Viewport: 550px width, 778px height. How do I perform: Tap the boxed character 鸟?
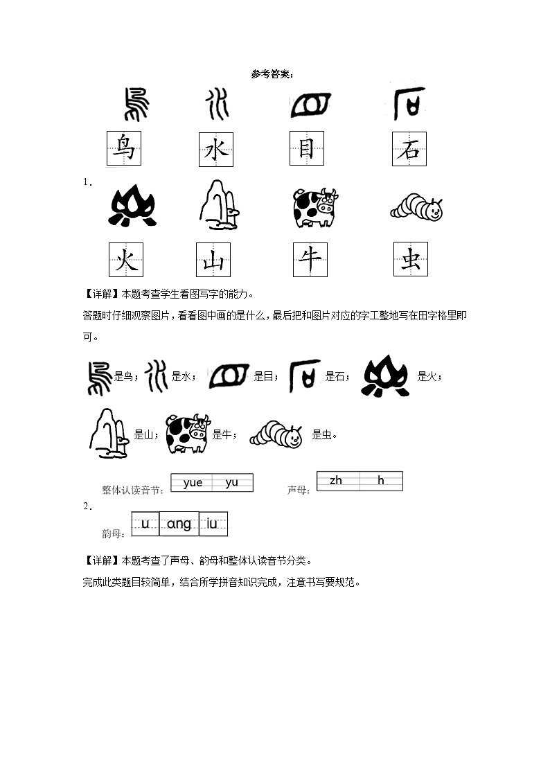pos(124,148)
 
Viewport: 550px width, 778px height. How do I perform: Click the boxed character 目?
pos(306,148)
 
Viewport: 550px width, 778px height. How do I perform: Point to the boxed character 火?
pos(126,259)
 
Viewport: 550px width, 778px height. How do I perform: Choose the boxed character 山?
pos(214,260)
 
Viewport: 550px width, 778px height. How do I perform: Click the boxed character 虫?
pos(411,259)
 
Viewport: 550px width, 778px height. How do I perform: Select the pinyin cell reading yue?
pos(193,483)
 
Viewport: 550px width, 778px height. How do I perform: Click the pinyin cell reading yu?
pos(232,483)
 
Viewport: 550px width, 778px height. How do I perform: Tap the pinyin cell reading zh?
pos(336,481)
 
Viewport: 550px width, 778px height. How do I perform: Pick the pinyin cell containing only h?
pos(381,481)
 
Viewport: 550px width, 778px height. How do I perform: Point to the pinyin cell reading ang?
pos(179,524)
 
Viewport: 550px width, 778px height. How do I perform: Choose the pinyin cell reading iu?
pos(213,524)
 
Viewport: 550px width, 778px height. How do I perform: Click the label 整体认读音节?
pos(132,490)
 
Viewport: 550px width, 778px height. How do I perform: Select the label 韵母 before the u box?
pos(112,533)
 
